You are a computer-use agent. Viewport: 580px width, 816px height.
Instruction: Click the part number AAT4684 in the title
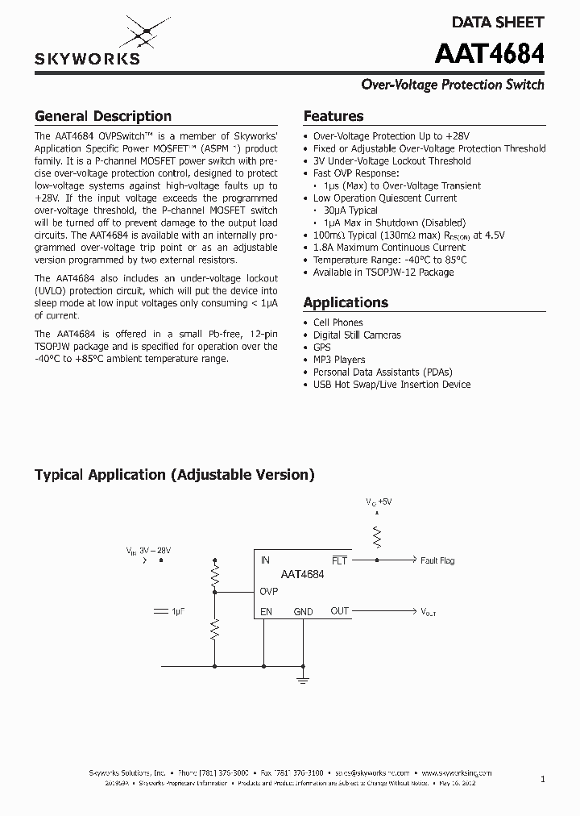489,54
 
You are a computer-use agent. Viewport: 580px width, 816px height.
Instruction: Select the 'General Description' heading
102,116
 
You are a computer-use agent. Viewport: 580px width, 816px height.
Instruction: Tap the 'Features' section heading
333,116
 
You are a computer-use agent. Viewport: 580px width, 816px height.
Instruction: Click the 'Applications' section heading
346,302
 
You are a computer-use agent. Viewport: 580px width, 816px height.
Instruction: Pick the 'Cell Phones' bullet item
338,323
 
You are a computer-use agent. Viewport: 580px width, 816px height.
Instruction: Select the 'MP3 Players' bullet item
338,360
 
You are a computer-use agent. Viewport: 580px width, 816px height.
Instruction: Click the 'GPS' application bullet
322,348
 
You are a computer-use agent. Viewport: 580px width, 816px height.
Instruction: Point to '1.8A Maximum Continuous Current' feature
389,248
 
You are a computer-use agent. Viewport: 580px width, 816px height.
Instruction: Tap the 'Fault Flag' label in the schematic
437,560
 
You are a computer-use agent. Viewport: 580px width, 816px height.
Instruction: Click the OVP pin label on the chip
269,591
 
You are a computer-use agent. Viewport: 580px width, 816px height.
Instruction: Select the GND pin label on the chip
303,612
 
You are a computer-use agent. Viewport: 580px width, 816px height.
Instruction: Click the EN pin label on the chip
266,612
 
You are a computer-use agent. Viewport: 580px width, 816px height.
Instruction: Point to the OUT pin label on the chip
340,611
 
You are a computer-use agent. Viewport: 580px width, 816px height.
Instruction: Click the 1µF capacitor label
178,612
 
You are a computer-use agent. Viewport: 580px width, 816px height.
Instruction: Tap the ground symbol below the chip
303,680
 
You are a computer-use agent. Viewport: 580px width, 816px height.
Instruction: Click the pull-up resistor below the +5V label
375,535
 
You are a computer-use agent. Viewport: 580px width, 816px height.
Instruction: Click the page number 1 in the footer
543,779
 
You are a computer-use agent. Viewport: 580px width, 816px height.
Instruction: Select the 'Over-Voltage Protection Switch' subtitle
452,85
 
